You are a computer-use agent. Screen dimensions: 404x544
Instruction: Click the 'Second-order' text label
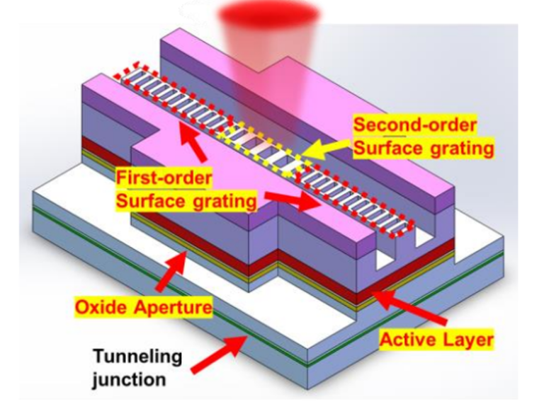click(x=415, y=125)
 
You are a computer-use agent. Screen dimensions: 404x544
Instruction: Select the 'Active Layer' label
click(x=436, y=340)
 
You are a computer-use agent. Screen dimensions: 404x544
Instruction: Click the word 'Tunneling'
click(x=140, y=356)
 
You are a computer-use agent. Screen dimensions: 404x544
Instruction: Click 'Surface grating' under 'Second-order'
click(x=423, y=149)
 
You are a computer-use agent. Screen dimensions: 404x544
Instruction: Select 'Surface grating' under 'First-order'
click(x=186, y=202)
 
